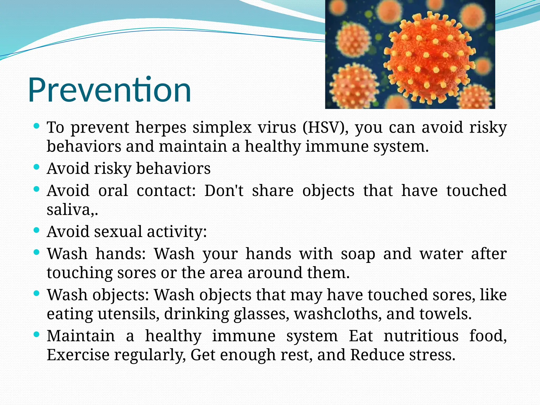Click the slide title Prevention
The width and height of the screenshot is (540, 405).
tap(109, 90)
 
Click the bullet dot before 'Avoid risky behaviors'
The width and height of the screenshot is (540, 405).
tap(37, 167)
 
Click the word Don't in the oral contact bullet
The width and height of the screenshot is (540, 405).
tap(224, 190)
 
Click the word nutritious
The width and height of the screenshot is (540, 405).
tap(421, 336)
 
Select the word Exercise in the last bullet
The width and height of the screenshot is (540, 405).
tap(78, 355)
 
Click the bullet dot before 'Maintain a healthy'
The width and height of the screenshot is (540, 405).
tap(37, 334)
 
